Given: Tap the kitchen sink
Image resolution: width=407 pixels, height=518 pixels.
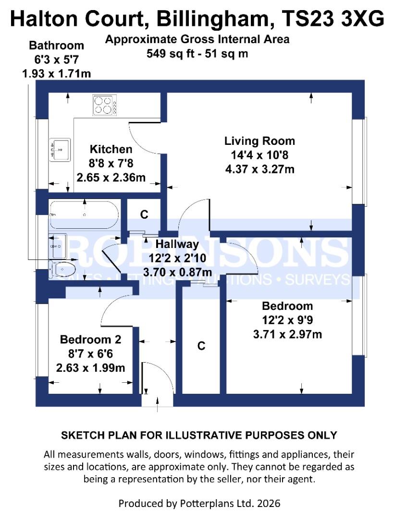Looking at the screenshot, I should tap(60, 149).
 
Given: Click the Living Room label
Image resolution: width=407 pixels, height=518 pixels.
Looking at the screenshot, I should tap(259, 141).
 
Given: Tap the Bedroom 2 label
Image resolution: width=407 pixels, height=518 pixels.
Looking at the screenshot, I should tap(90, 340).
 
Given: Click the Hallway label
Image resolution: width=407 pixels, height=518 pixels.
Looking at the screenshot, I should tap(177, 244).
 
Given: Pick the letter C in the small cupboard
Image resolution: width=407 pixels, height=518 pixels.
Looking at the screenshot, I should tap(144, 214).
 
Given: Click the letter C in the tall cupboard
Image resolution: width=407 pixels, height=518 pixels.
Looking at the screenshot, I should tap(201, 345).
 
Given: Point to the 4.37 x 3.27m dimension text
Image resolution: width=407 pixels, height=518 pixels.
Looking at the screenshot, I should tap(259, 169).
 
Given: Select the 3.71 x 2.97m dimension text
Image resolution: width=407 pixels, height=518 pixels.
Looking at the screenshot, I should tap(287, 334).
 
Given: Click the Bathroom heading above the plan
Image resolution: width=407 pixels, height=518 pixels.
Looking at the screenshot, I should tap(56, 46).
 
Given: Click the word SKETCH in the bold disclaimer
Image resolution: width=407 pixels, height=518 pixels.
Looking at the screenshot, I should tap(77, 436).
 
